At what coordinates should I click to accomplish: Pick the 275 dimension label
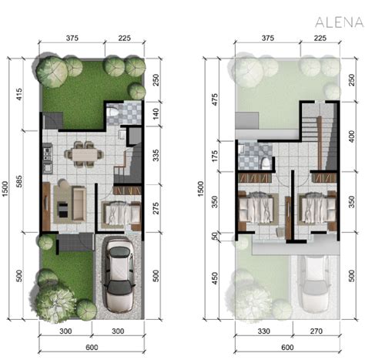coord(156,209)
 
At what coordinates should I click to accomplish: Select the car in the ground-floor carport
coord(117,273)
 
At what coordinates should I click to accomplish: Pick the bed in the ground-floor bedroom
coord(119,213)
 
